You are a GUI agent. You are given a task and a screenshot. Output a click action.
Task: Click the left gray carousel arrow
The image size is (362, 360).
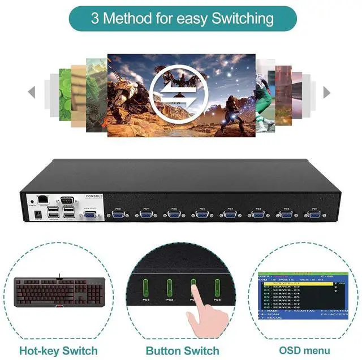point(32,92)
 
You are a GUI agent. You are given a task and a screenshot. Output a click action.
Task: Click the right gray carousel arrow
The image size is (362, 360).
point(326,92)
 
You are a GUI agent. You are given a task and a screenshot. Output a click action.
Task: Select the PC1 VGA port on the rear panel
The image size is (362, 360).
point(313,215)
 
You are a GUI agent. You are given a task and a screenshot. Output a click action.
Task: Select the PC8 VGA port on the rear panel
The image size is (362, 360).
point(118,215)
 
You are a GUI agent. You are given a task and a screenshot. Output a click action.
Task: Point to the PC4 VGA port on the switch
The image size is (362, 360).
point(229,215)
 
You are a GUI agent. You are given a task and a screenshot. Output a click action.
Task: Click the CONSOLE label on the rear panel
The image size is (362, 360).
point(93,196)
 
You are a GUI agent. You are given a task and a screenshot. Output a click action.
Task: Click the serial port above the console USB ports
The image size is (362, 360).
point(67,199)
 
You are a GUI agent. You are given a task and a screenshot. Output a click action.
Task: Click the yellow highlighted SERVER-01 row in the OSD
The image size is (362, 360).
point(297,283)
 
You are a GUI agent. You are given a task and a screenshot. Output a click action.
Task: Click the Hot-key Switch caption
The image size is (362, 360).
point(59,350)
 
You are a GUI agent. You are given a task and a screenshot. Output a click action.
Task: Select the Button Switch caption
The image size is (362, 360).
point(182,350)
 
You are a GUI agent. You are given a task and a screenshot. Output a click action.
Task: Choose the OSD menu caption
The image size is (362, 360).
point(304,350)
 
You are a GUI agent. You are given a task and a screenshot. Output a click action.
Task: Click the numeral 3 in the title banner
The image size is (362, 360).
point(94,18)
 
